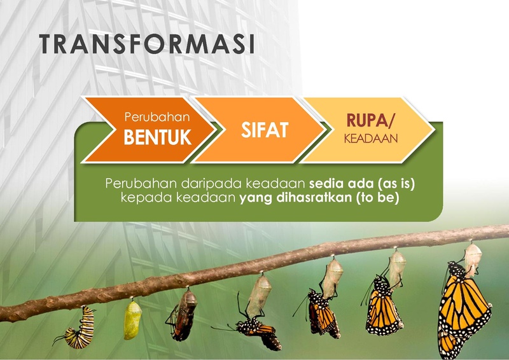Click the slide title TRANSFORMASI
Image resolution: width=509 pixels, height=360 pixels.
click(x=147, y=43)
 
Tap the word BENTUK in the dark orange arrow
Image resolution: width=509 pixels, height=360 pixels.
click(x=157, y=137)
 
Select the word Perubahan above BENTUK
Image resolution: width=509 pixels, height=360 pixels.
click(x=157, y=117)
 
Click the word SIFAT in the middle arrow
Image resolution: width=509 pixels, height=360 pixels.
click(x=265, y=130)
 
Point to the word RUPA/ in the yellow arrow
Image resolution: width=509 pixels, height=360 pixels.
click(x=371, y=120)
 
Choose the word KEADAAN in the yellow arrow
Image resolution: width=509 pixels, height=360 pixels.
click(x=371, y=139)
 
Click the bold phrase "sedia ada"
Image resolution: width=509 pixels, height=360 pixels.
click(x=341, y=184)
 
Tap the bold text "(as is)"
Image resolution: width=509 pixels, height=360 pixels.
click(x=396, y=184)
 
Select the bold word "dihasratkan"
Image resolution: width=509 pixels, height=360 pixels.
click(x=314, y=197)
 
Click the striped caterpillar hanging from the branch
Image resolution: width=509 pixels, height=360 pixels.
click(x=77, y=328)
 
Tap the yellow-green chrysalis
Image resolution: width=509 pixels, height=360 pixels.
click(x=132, y=320)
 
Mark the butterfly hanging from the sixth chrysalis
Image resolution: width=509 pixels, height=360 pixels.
click(x=383, y=305)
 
